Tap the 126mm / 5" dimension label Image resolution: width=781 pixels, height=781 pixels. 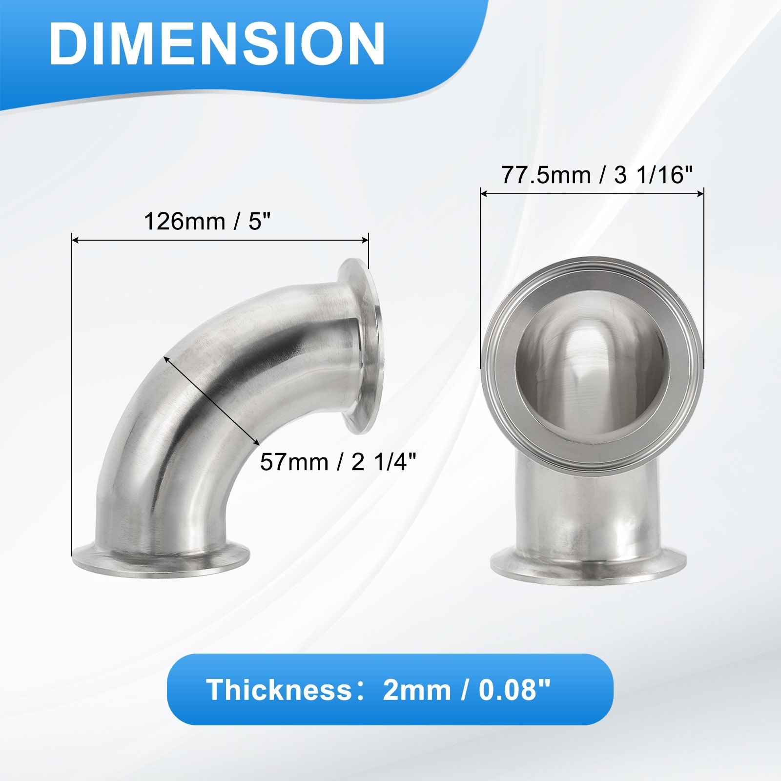207,222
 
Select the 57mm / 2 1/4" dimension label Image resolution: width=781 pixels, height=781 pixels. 338,462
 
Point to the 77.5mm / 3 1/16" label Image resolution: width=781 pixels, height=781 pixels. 597,175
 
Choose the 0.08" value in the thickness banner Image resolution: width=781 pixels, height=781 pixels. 514,690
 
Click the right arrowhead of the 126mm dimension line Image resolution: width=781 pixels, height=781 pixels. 365,240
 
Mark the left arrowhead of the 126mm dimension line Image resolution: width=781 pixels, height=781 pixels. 76,240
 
